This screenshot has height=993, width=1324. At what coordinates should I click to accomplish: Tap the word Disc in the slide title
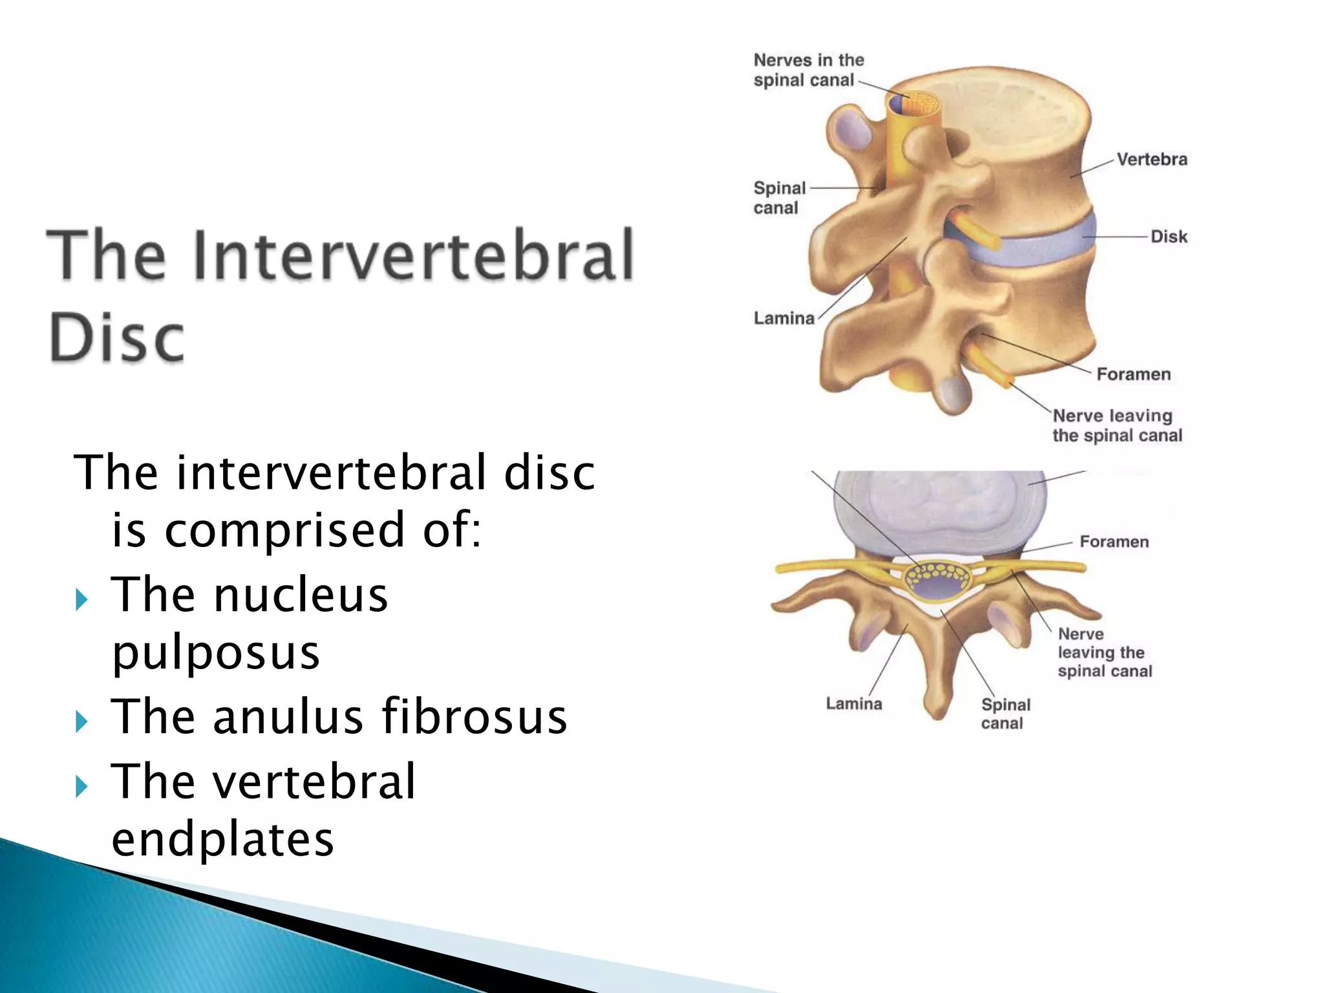coord(116,337)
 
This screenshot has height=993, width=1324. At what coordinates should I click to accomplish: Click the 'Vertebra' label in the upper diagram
coord(1151,160)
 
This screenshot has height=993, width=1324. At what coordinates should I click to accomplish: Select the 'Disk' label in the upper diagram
coord(1169,237)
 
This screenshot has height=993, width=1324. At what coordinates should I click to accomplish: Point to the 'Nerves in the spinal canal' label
coord(808,70)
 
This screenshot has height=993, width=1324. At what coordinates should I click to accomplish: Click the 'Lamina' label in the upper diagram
coord(784,318)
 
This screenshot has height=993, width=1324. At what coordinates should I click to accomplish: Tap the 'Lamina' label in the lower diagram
coord(853,703)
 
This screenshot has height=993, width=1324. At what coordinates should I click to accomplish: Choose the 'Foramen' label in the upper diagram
coord(1133,374)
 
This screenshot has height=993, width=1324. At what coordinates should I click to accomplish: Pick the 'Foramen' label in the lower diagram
coord(1114,542)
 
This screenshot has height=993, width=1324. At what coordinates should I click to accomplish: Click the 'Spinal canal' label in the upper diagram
coord(779,198)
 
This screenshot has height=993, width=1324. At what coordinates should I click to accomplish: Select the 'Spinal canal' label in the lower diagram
coord(1005,714)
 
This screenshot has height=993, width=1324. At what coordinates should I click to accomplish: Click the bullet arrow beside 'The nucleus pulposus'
coord(81,599)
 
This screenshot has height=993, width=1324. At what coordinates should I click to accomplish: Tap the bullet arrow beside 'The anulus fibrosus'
coord(81,721)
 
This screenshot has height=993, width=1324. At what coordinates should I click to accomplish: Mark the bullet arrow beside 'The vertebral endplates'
coord(81,786)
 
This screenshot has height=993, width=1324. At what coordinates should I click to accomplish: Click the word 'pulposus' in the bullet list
coord(216,653)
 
